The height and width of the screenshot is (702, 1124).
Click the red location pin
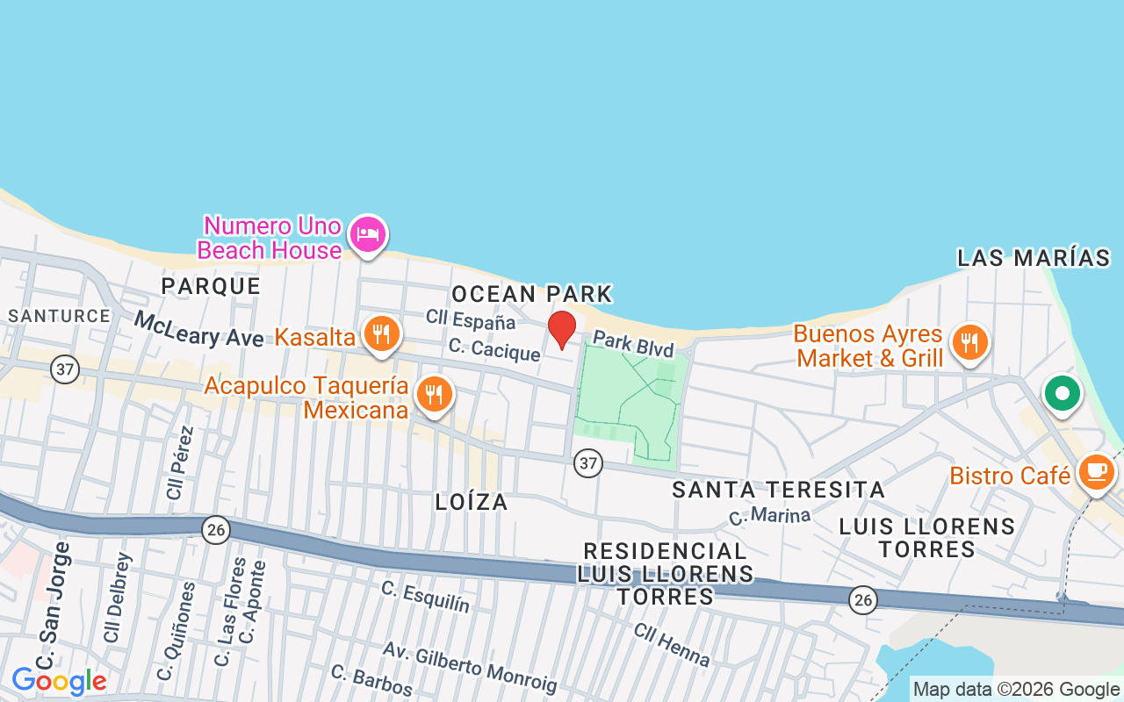tap(562, 328)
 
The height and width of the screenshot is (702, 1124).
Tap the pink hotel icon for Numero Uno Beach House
tap(368, 234)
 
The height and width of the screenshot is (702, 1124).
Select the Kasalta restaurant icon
tap(381, 334)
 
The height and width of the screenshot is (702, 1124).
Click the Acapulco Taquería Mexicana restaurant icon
tap(433, 394)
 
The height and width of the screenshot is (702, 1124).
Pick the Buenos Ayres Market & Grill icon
tap(969, 342)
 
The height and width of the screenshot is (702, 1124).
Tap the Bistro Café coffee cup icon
tap(1095, 472)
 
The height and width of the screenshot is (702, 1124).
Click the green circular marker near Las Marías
tap(1063, 393)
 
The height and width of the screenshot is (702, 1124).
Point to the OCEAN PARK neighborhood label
tap(531, 293)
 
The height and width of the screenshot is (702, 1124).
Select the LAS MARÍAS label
tap(1034, 258)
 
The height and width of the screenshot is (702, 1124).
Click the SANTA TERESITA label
tap(778, 490)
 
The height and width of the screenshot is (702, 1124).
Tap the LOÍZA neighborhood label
tap(472, 502)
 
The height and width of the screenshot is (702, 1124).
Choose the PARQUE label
tap(211, 286)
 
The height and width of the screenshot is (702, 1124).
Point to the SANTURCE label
tap(59, 316)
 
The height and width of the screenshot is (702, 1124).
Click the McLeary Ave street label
tap(198, 329)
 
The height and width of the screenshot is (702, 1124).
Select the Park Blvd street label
tap(633, 343)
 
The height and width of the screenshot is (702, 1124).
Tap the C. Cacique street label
tap(494, 350)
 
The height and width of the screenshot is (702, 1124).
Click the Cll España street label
tap(471, 319)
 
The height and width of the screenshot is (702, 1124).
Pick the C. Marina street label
tap(769, 515)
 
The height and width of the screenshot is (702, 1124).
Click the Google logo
tap(59, 681)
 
